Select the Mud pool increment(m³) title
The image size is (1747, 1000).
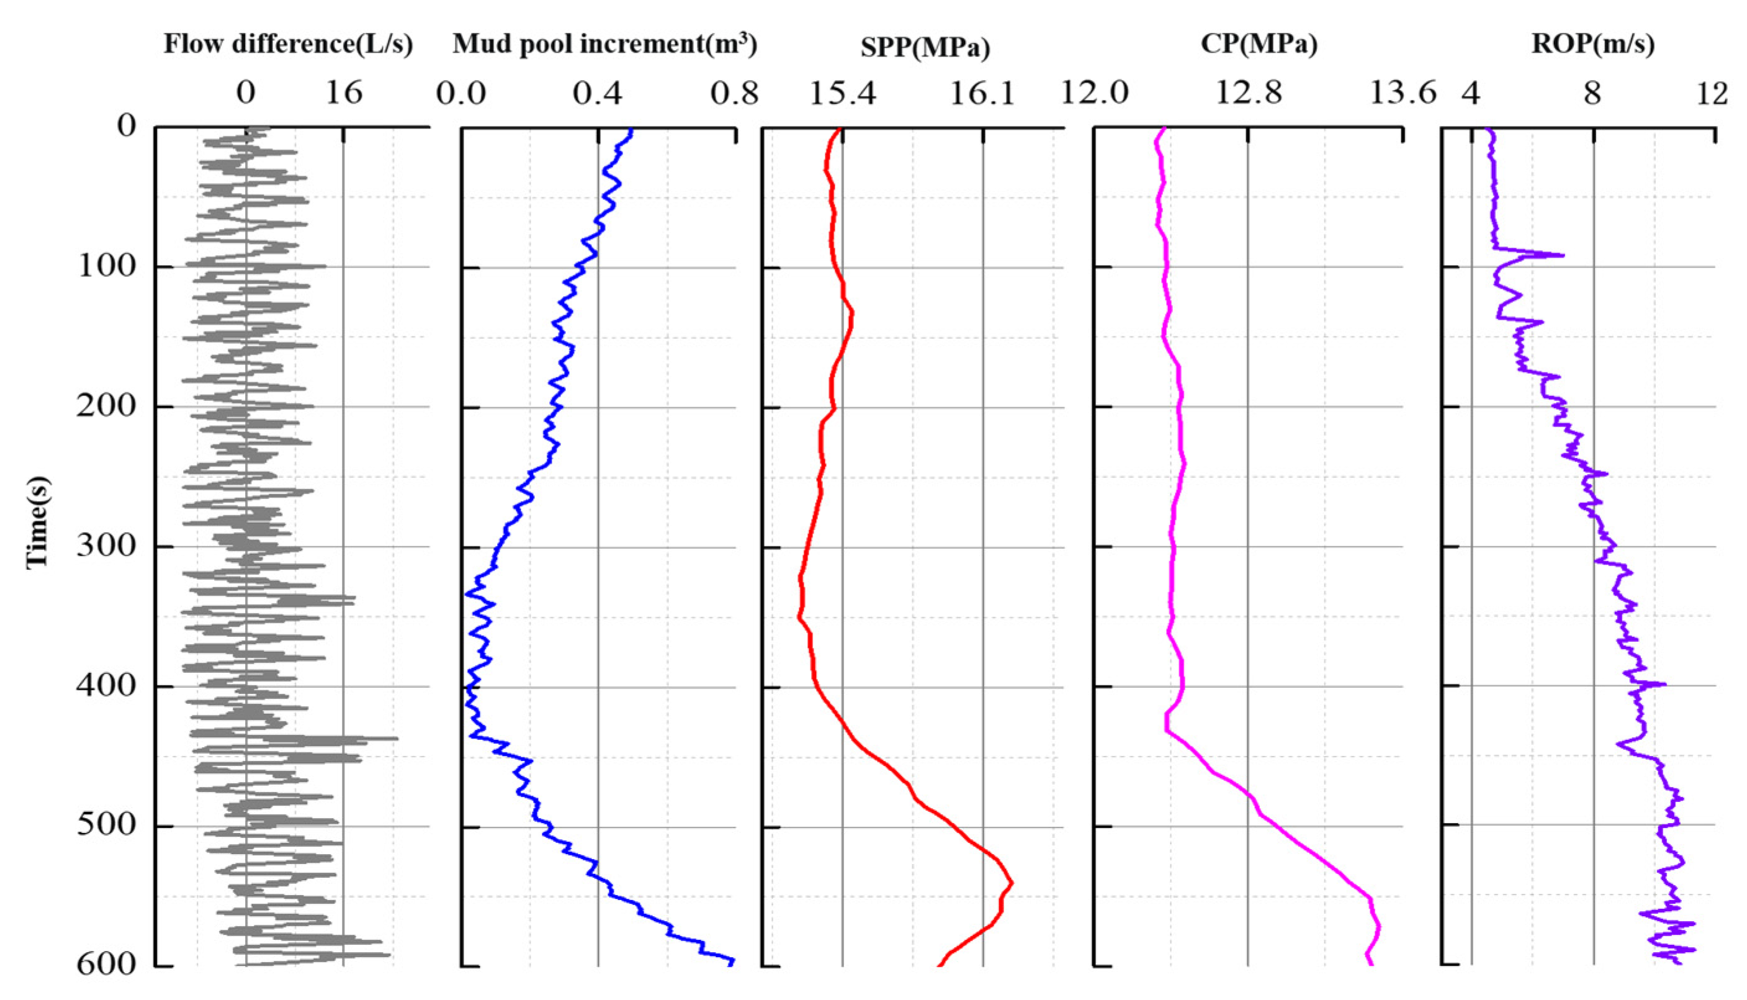click(604, 45)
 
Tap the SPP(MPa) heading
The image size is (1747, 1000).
click(925, 47)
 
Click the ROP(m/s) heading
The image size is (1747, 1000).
click(1593, 45)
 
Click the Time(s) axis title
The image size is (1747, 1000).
click(37, 522)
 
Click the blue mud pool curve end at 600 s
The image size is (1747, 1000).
click(732, 961)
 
